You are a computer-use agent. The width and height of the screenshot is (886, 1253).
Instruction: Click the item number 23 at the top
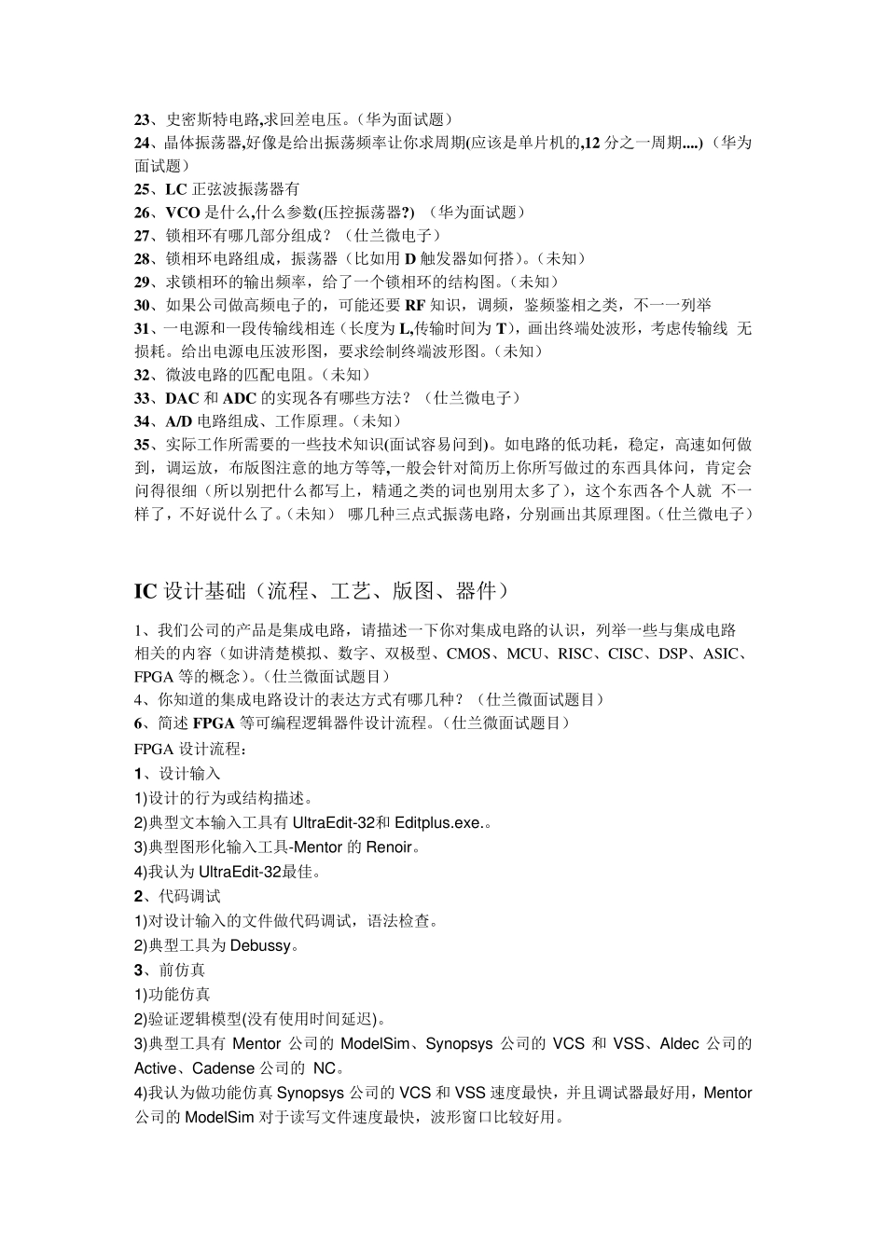(x=143, y=119)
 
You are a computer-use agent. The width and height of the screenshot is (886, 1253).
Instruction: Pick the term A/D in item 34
(x=180, y=421)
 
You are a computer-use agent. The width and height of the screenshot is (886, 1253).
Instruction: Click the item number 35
(x=143, y=445)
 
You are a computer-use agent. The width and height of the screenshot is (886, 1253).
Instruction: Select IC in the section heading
(x=145, y=591)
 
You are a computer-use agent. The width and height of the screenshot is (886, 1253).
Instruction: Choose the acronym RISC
(x=575, y=654)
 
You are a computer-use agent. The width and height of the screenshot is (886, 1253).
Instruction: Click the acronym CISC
(x=626, y=654)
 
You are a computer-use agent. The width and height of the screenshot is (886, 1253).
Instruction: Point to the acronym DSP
(x=673, y=654)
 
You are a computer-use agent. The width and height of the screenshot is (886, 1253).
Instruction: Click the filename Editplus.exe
(x=438, y=823)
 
